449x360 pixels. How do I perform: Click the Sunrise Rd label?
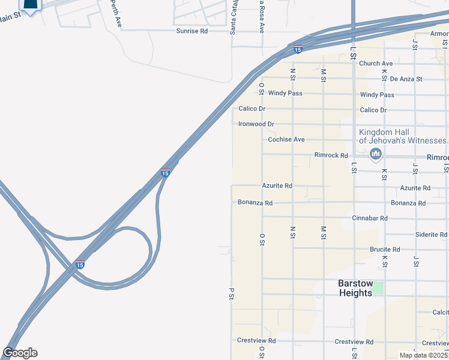point(191,31)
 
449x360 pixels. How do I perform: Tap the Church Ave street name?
point(376,64)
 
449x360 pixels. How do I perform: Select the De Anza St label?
point(406,79)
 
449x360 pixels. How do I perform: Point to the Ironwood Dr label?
point(256,124)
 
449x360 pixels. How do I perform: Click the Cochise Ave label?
point(286,139)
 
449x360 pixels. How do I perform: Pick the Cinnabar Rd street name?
point(370,218)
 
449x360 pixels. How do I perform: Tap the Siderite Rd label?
point(431,235)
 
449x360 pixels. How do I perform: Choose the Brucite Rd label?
point(385,250)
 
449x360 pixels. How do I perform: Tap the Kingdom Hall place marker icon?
point(376,154)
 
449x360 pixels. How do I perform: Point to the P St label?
point(231,294)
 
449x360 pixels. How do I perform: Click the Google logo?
point(20,353)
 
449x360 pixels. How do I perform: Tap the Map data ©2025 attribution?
point(423,355)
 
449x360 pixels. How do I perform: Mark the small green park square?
point(377,288)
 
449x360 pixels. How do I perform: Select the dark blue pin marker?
point(30,5)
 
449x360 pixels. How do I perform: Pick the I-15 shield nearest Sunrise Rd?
point(297,50)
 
